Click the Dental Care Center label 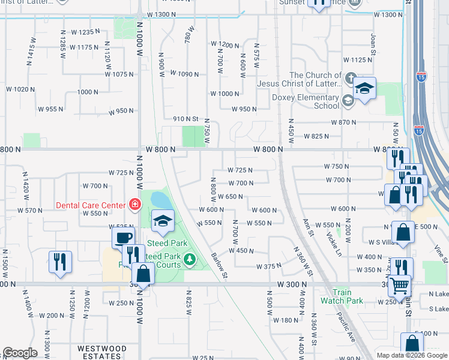click(91, 205)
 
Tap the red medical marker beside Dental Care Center click(135, 205)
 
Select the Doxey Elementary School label click(306, 101)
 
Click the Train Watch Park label click(342, 296)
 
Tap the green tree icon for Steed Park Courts click(190, 259)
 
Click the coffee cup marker click(124, 237)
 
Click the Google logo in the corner click(20, 352)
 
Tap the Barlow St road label click(220, 264)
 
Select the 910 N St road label click(185, 119)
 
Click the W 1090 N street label click(184, 74)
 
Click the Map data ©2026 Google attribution click(412, 355)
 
